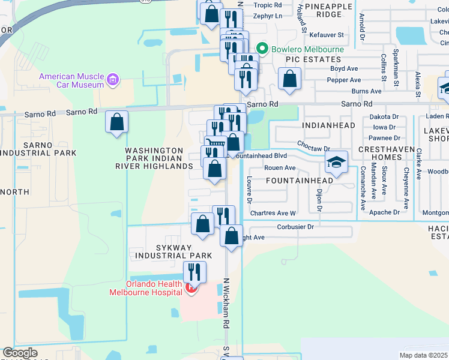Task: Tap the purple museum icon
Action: (x=112, y=79)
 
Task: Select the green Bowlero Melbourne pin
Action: (x=262, y=49)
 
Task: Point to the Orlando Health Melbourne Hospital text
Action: (x=145, y=288)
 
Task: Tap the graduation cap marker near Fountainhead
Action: (x=336, y=163)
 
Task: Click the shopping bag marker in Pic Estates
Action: (x=289, y=80)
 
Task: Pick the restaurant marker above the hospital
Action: (x=194, y=272)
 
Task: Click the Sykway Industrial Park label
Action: (x=166, y=251)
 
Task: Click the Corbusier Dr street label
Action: (x=295, y=227)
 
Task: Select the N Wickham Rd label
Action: (x=227, y=306)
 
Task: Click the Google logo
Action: (x=20, y=353)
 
